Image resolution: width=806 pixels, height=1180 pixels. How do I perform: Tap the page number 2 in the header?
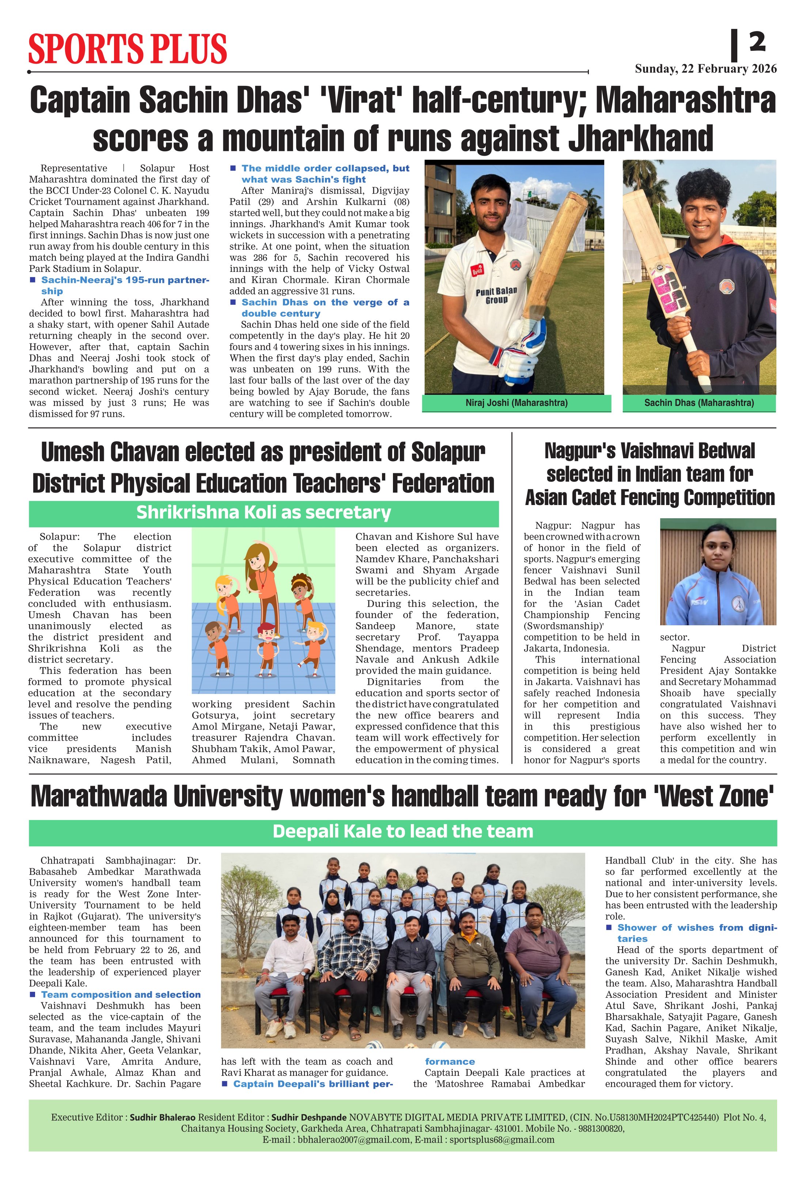tap(757, 42)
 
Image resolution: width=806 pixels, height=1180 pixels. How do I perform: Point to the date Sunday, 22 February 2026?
tap(705, 69)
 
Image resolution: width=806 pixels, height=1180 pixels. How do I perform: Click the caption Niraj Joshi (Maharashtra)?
tap(516, 403)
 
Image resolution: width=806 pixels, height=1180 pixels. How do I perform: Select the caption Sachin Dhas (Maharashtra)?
tap(699, 403)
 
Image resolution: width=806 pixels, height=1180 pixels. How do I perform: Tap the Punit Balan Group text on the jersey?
tap(496, 295)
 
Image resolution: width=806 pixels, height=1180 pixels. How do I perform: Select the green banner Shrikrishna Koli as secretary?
tap(264, 513)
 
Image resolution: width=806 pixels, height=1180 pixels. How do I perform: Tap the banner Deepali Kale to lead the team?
tap(403, 831)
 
